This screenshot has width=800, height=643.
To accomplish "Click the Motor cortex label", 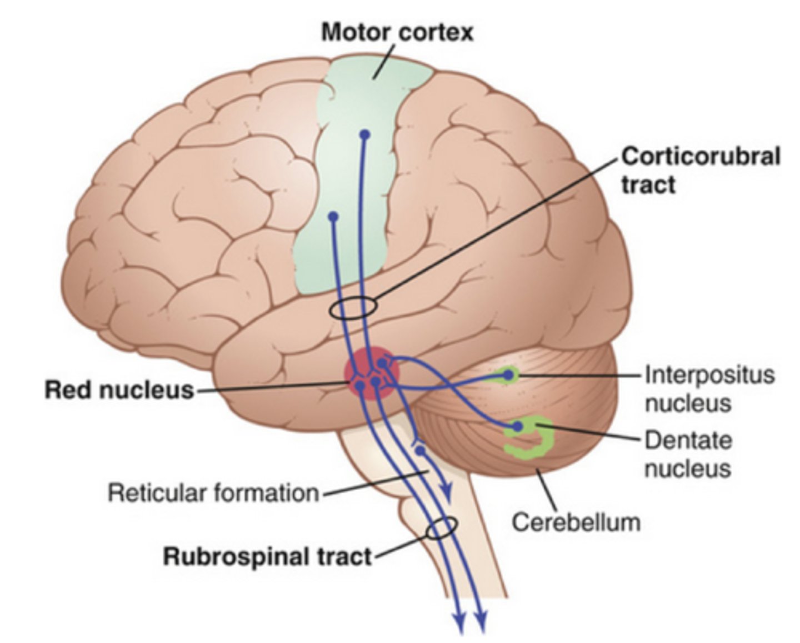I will tap(397, 32).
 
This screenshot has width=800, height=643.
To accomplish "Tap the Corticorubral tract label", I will tap(700, 170).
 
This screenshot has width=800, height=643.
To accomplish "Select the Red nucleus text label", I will tap(119, 390).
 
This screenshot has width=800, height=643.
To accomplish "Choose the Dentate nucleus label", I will tap(688, 454).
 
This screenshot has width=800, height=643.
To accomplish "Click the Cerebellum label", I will tap(576, 522).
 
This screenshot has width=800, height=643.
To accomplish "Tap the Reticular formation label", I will tap(213, 493).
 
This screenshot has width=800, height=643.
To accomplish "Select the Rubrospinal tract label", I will tap(267, 556).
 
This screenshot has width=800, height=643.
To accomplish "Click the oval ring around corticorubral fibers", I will tap(353, 307).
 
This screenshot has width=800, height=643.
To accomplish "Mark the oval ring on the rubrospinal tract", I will tap(442, 528).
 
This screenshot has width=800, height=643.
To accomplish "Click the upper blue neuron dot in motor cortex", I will tap(364, 134).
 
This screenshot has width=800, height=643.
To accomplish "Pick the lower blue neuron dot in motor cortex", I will tap(333, 217).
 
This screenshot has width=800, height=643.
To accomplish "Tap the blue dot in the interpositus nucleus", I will tap(507, 376).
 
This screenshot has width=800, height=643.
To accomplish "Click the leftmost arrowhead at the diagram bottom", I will tap(459, 624).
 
